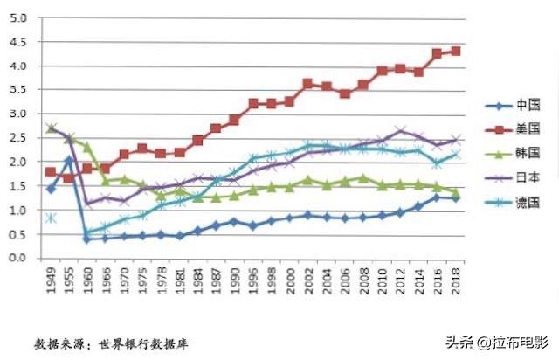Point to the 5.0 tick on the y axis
click(19, 17)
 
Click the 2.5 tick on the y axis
click(19, 138)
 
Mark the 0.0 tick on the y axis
click(19, 259)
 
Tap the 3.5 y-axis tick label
click(19, 90)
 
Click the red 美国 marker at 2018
click(455, 52)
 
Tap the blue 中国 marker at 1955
click(69, 160)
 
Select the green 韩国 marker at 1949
click(51, 128)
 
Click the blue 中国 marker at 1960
click(86, 239)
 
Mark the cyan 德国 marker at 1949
click(51, 218)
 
